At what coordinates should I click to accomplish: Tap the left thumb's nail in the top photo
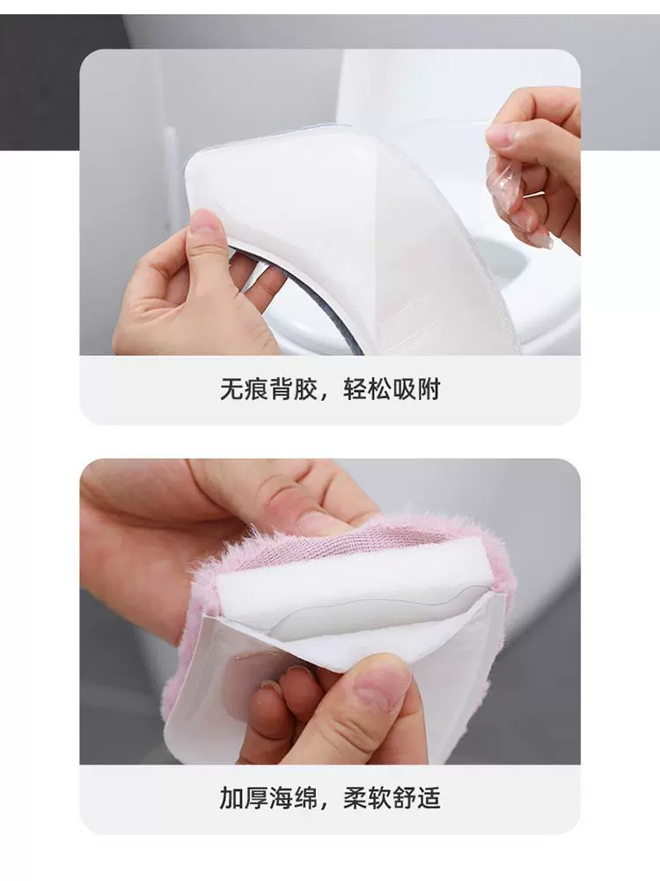(202, 223)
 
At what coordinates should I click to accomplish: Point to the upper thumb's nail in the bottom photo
(315, 523)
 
